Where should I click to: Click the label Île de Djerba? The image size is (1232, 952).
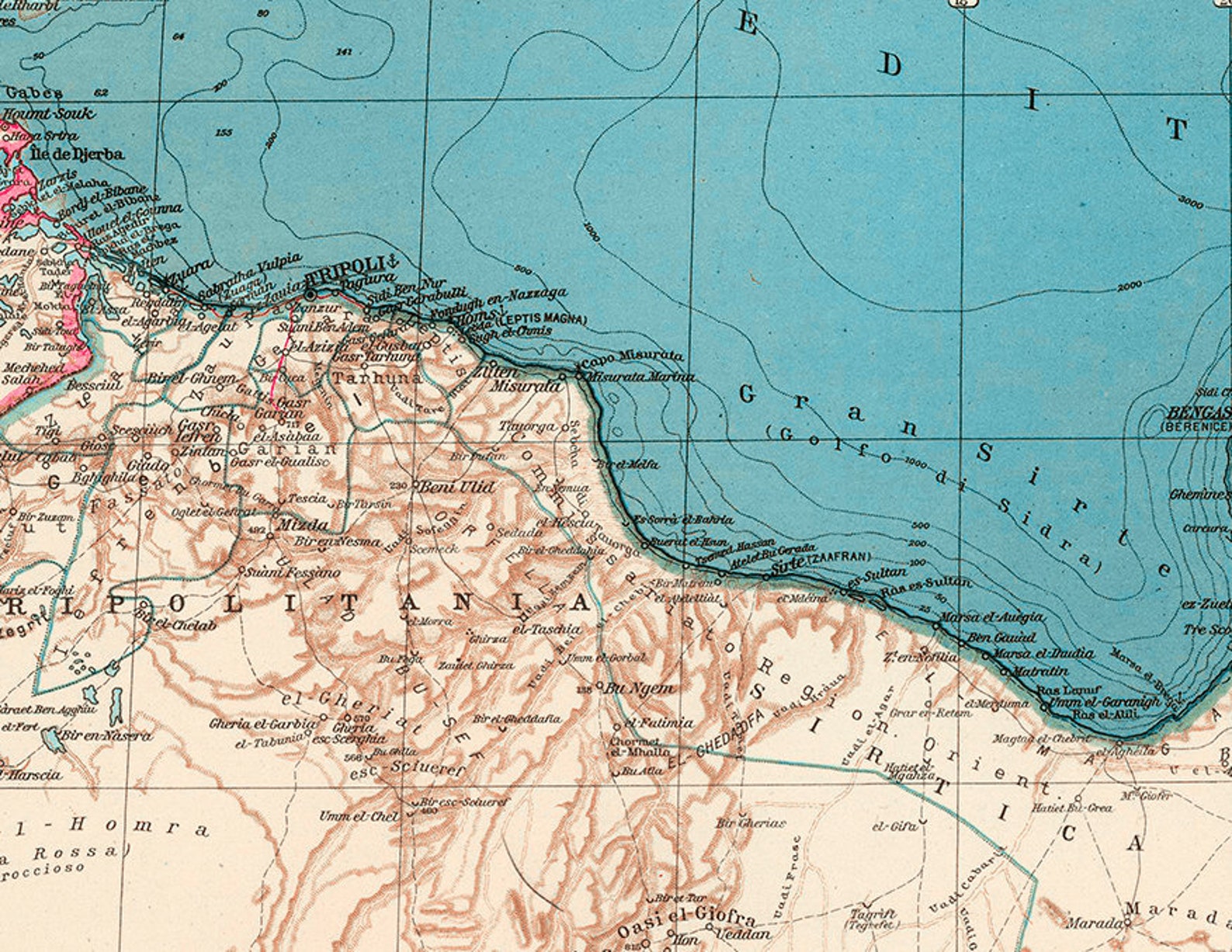coord(77,153)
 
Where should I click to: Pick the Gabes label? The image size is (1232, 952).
coord(33,92)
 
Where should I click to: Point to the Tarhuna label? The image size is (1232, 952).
coord(378,378)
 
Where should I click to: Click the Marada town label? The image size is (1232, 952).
coord(1094,923)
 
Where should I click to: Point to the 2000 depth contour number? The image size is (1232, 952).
coord(1129,288)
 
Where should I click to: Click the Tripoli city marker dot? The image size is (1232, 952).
coord(310,295)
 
